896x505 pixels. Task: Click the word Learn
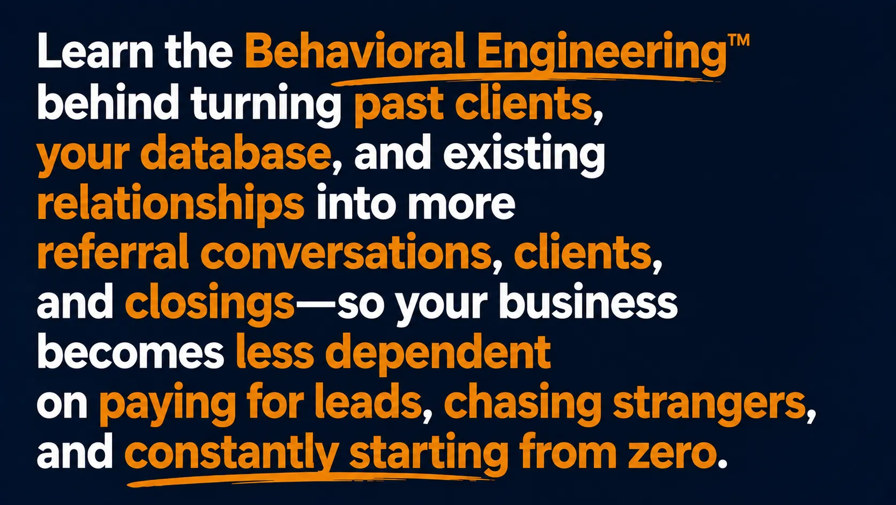click(95, 51)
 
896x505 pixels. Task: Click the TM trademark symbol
click(738, 40)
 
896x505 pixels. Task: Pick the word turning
click(266, 104)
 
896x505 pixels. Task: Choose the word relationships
click(171, 204)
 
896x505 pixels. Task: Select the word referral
click(113, 252)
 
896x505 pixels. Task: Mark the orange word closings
click(210, 303)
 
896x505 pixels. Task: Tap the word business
click(588, 302)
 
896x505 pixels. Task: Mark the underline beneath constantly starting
click(310, 478)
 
